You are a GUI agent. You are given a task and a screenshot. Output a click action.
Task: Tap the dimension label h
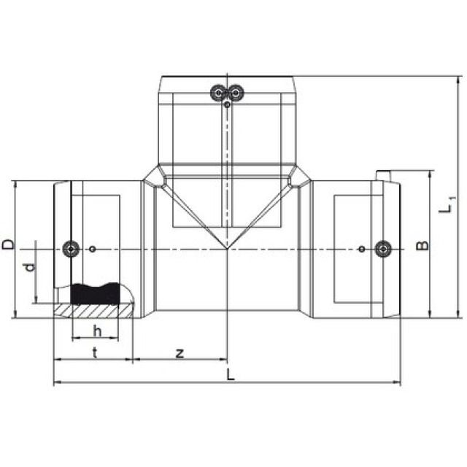(x=96, y=330)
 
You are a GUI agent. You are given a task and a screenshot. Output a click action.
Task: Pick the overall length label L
(x=231, y=374)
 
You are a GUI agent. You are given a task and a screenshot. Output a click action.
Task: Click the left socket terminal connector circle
(x=70, y=249)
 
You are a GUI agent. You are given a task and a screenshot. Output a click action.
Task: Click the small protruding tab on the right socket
(x=385, y=175)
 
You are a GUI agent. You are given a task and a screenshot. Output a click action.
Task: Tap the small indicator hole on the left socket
(x=93, y=250)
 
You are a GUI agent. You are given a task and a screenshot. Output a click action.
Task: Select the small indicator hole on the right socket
(x=361, y=250)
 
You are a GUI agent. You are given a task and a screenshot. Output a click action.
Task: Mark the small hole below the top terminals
(x=228, y=105)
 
